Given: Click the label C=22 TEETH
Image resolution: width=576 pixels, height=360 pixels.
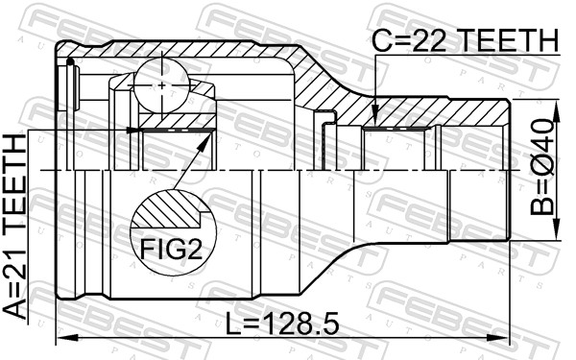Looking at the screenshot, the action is click(465, 40).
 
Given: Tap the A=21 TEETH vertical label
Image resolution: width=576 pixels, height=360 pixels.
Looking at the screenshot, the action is click(15, 227).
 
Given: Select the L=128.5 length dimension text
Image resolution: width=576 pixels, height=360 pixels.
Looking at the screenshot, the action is click(281, 324).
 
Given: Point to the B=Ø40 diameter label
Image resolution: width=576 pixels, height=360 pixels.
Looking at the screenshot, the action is click(541, 167).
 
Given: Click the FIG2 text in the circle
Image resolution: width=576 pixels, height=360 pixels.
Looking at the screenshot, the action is click(171, 251).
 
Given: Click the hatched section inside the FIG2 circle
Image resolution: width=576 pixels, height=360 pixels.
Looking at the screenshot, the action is click(168, 208).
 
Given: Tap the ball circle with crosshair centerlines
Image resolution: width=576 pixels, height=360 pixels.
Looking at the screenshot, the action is click(161, 85).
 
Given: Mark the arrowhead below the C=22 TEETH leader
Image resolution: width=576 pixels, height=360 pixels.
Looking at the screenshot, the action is click(375, 117).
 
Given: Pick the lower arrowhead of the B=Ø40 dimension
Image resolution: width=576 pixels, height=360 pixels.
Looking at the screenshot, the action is click(557, 229).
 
